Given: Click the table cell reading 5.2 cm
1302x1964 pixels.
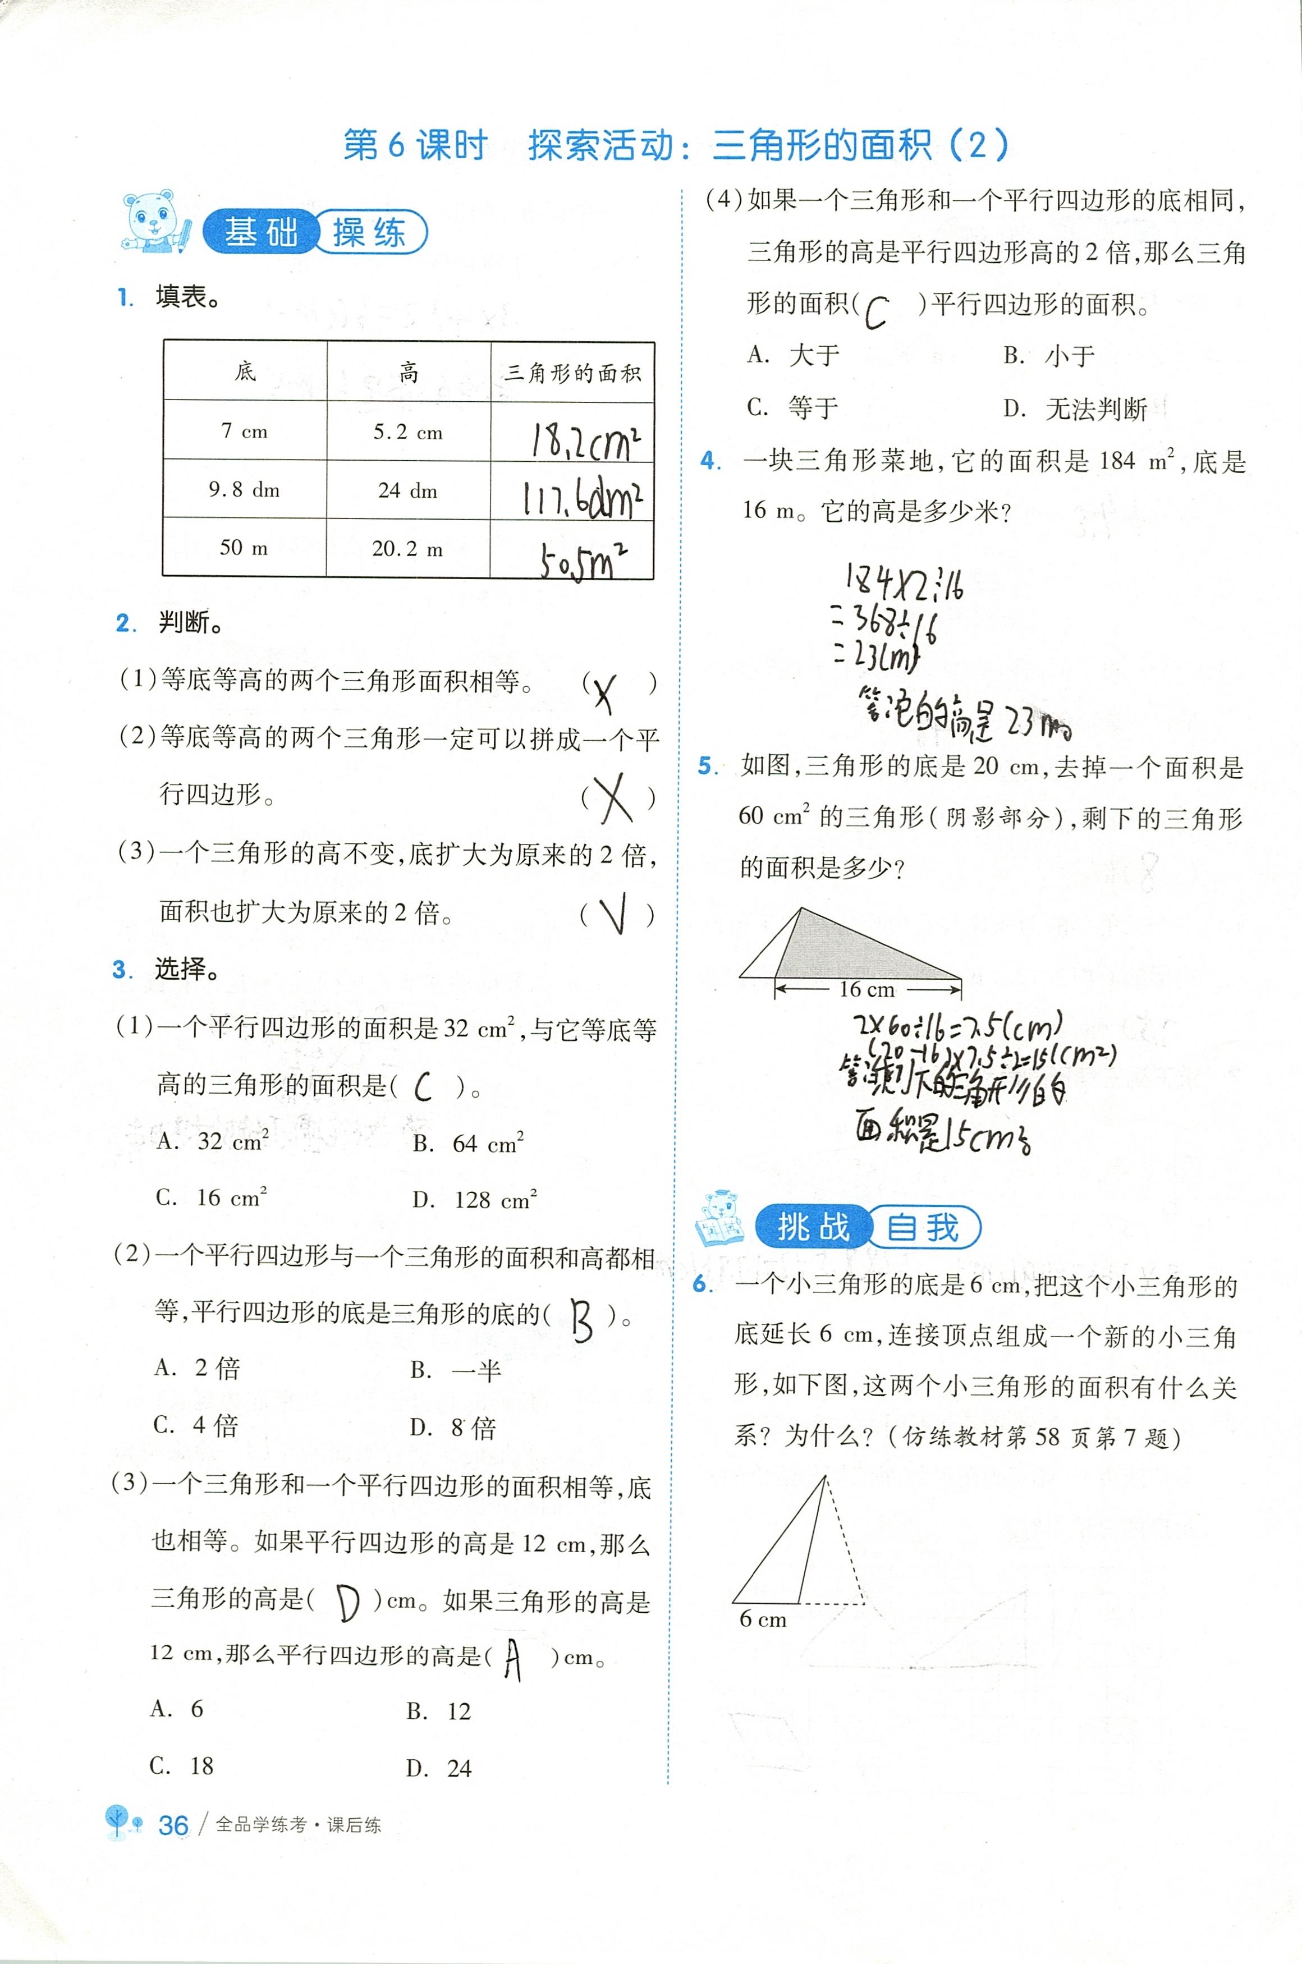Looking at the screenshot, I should pyautogui.click(x=407, y=432).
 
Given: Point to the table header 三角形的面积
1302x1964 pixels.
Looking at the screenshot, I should pyautogui.click(x=572, y=373).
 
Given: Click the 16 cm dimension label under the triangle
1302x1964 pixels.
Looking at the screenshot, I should pyautogui.click(x=867, y=989).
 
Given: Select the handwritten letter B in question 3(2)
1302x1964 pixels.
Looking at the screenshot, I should pyautogui.click(x=582, y=1319).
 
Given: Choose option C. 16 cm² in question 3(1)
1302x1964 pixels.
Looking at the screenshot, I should pyautogui.click(x=211, y=1198).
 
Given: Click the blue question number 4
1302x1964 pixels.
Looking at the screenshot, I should pyautogui.click(x=710, y=461).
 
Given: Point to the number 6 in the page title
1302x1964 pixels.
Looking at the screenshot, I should pyautogui.click(x=396, y=146).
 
